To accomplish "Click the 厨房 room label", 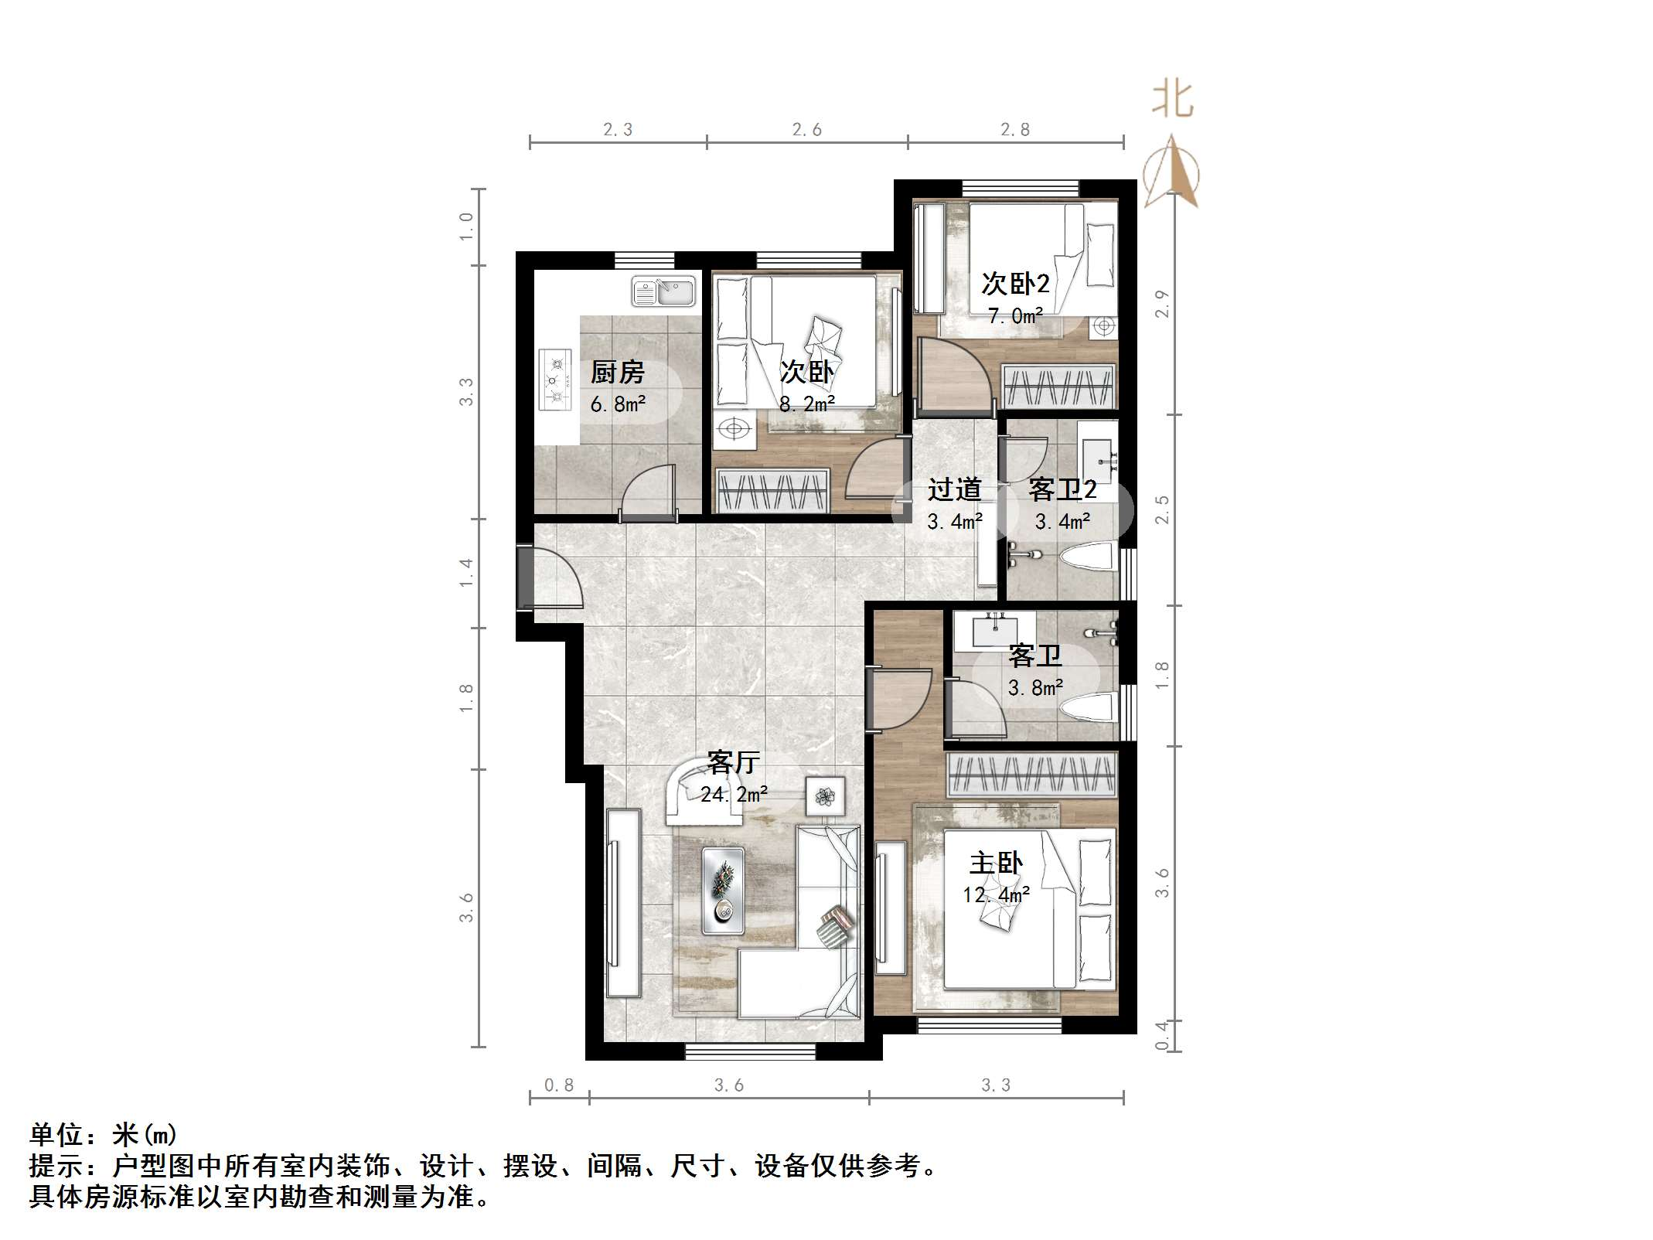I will pyautogui.click(x=617, y=373).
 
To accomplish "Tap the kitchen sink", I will pyautogui.click(x=663, y=291).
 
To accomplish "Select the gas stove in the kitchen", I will pyautogui.click(x=553, y=380).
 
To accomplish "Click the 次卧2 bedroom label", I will pyautogui.click(x=1015, y=284).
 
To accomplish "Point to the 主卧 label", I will pyautogui.click(x=996, y=863).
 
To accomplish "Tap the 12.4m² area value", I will pyautogui.click(x=996, y=895).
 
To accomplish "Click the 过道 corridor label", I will pyautogui.click(x=954, y=489).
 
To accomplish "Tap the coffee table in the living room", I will pyautogui.click(x=723, y=890).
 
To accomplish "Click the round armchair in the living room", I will pyautogui.click(x=693, y=792).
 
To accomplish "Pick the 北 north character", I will pyautogui.click(x=1172, y=101).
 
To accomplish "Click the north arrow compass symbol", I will pyautogui.click(x=1172, y=174).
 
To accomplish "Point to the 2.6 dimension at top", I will pyautogui.click(x=806, y=130).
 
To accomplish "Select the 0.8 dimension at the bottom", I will pyautogui.click(x=559, y=1085).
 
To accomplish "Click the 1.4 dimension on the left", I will pyautogui.click(x=465, y=573).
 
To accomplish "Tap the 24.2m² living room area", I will pyautogui.click(x=734, y=794).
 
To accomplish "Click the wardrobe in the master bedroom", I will pyautogui.click(x=1032, y=774).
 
